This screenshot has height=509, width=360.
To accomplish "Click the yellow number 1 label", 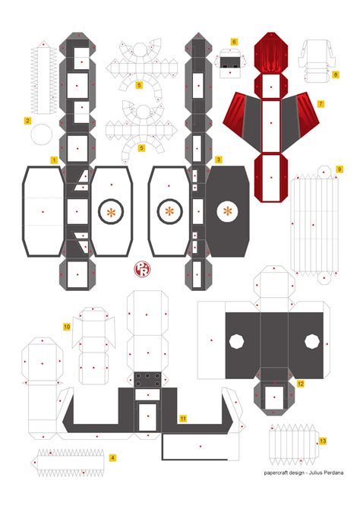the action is [x=54, y=160].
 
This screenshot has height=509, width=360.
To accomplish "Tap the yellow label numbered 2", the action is [x=27, y=121].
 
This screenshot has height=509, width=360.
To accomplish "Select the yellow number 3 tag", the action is [x=219, y=160].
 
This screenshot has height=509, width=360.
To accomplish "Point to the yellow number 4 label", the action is [x=112, y=458].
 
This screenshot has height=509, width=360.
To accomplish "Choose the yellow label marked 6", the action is [x=234, y=42].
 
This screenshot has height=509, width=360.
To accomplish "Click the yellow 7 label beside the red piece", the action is [x=321, y=104].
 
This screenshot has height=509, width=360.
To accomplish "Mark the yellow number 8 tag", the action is [x=336, y=74].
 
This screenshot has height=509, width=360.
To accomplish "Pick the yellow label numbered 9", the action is [x=339, y=169].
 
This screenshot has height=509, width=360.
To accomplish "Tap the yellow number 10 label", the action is [x=67, y=327].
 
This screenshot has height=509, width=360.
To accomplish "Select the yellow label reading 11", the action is [x=183, y=419].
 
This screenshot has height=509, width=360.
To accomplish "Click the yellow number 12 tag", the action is [x=301, y=384].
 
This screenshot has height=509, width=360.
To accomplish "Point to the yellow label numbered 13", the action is [x=323, y=441].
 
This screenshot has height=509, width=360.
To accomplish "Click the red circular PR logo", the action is [x=143, y=269].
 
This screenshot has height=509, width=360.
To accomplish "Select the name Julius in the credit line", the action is [x=316, y=473].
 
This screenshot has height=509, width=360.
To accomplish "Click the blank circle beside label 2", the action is [x=42, y=134].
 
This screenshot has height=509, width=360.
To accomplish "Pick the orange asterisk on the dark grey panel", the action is [x=227, y=212].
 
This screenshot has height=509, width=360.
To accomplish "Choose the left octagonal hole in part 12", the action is [x=237, y=342].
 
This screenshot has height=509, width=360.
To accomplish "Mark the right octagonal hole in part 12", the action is [x=312, y=342].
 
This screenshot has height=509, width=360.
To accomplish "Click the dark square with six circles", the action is [x=147, y=380].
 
